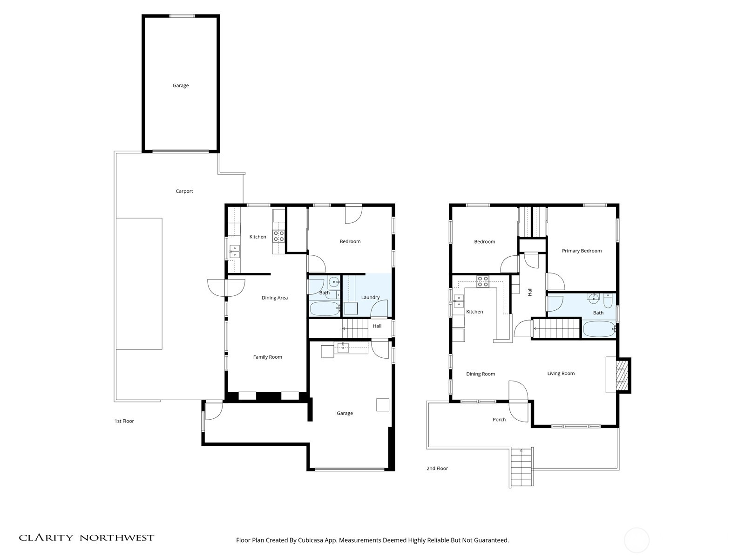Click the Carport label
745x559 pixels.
(184, 191)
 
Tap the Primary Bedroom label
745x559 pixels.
(582, 251)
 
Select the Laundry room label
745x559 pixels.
(370, 297)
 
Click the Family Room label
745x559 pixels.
(267, 357)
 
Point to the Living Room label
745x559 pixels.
(561, 373)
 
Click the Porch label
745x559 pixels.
(499, 419)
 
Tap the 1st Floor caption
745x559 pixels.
(124, 421)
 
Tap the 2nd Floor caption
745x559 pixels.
(437, 468)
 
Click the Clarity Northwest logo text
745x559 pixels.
(86, 538)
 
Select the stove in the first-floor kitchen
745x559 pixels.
(278, 236)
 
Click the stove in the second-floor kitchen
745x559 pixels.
(483, 281)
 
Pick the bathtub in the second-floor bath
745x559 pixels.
(598, 329)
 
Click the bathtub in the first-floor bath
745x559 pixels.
(325, 308)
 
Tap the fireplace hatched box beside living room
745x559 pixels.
(621, 375)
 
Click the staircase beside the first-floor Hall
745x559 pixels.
(355, 328)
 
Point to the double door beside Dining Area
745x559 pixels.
(226, 287)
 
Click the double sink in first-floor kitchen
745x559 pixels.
(234, 252)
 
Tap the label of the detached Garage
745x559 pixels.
(181, 85)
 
